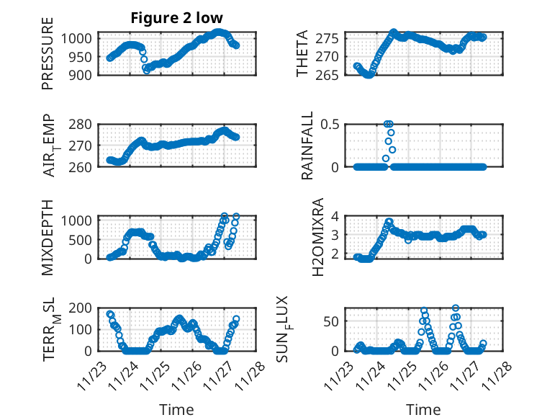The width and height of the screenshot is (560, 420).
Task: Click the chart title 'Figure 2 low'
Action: (176, 18)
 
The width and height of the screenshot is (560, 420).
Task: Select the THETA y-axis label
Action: (302, 53)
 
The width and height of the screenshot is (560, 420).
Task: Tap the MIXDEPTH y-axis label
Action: (48, 237)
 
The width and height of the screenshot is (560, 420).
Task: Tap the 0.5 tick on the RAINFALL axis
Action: (331, 124)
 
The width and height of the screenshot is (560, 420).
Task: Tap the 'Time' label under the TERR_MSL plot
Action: (176, 410)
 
